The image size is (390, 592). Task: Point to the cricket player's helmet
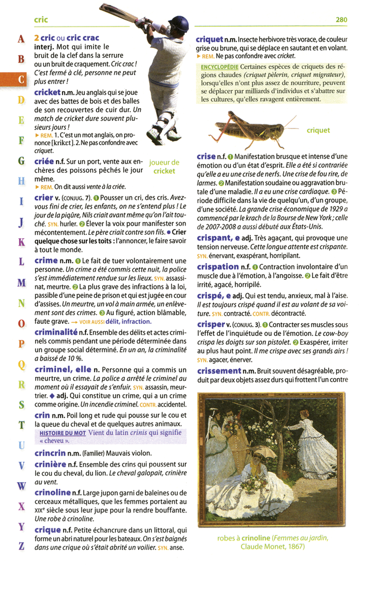(x=177, y=24)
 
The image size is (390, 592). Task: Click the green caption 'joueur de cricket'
(x=164, y=166)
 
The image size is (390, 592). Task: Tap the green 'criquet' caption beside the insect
(x=318, y=131)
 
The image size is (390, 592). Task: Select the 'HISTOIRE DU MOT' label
(x=62, y=432)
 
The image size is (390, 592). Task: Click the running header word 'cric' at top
(x=41, y=20)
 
